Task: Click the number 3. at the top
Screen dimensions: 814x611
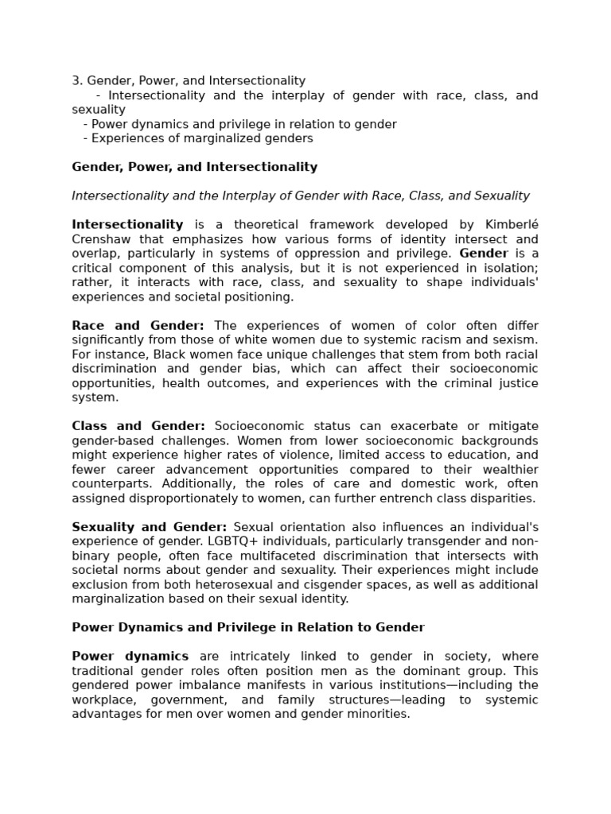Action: pos(77,81)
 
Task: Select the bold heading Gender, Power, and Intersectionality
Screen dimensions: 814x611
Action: pos(194,167)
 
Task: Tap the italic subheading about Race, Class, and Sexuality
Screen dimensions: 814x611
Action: pos(300,196)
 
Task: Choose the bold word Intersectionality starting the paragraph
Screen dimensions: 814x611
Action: pos(127,225)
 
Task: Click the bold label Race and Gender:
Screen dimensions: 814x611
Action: pos(138,326)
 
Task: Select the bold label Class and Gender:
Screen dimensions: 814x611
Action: pos(138,427)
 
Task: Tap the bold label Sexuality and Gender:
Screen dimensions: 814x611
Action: pos(149,527)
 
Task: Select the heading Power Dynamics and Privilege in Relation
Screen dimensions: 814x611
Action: pos(248,627)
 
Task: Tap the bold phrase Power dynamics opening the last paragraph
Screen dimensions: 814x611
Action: pos(130,657)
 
